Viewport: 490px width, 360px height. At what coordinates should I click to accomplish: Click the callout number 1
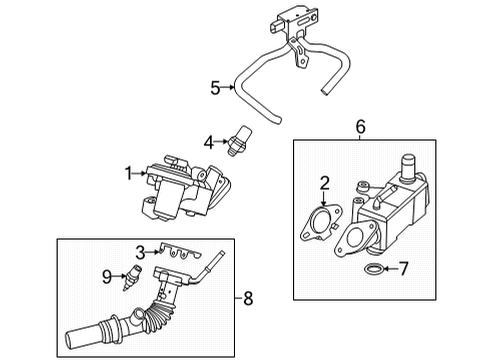(x=129, y=172)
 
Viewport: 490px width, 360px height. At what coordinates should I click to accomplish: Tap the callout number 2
(x=324, y=181)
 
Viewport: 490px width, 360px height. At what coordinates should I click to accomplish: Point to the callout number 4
(x=208, y=142)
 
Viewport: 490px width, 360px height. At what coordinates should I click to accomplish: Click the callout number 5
(x=215, y=88)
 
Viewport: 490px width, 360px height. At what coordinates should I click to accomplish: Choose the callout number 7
(x=404, y=268)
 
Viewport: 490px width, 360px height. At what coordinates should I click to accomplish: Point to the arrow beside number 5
(x=230, y=88)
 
